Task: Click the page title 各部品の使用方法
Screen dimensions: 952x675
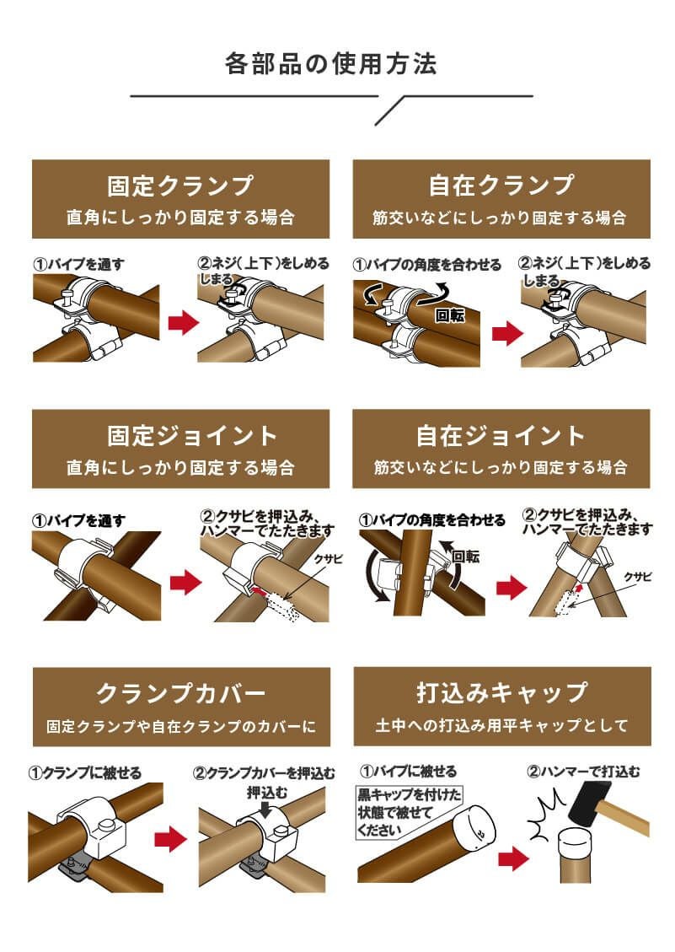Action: pyautogui.click(x=331, y=64)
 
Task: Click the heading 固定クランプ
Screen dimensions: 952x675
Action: pyautogui.click(x=180, y=186)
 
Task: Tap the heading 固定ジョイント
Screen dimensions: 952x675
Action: pyautogui.click(x=180, y=436)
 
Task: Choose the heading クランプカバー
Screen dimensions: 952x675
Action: pyautogui.click(x=180, y=693)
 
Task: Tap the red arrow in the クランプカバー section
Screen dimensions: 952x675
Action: pyautogui.click(x=171, y=838)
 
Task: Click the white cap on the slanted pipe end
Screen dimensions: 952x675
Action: pyautogui.click(x=474, y=825)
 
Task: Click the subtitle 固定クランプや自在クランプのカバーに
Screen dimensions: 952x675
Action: pyautogui.click(x=180, y=725)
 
